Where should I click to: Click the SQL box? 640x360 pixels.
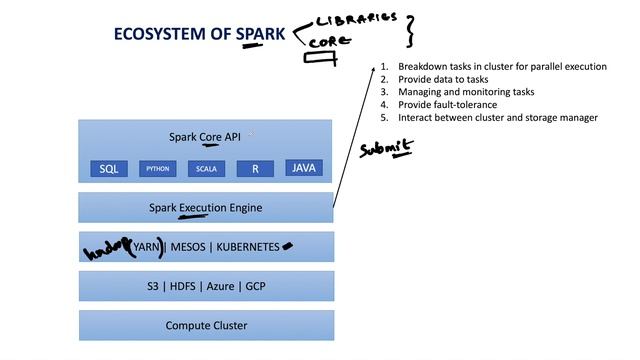108,169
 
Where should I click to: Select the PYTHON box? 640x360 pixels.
157,169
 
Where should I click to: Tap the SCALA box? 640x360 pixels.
206,169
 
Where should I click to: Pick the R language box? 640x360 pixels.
255,169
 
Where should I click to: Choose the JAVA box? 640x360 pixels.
304,168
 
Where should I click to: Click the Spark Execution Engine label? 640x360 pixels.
205,207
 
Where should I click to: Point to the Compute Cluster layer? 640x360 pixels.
205,325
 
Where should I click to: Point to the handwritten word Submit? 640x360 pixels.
385,149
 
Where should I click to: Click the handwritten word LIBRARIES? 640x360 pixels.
356,19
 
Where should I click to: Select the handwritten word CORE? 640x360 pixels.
329,43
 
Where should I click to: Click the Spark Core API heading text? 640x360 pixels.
205,136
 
